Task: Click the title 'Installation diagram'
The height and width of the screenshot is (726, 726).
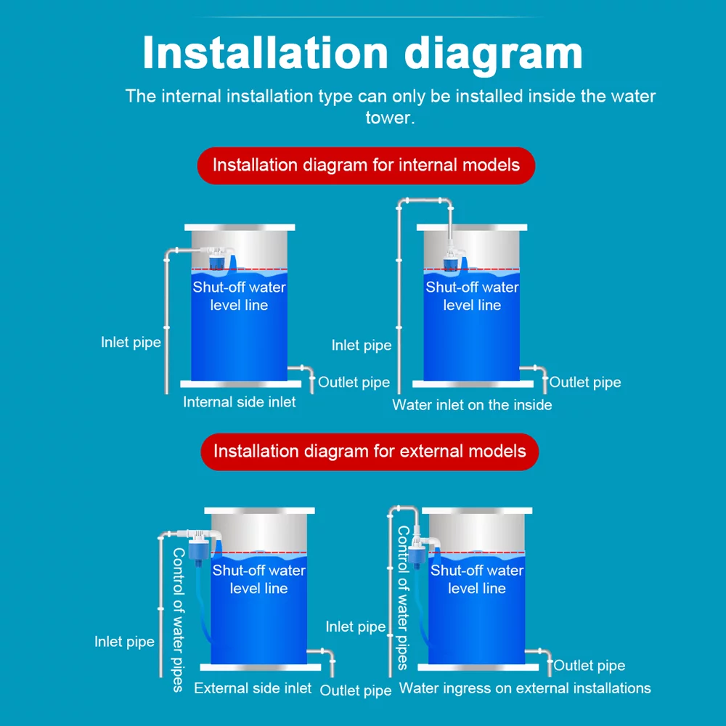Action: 362,53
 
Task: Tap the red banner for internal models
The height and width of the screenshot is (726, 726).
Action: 366,165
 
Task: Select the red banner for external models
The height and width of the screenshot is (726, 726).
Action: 369,451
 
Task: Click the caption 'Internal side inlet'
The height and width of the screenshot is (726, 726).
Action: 239,401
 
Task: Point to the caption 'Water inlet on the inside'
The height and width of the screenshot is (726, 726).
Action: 472,404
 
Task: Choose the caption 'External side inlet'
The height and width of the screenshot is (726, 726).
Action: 253,688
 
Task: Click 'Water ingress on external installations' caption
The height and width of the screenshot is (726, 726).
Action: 525,688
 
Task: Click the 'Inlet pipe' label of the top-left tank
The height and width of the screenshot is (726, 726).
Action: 131,342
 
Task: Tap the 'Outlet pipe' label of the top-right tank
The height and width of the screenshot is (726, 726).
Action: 585,382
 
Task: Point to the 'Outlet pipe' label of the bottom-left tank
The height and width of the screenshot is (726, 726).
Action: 356,690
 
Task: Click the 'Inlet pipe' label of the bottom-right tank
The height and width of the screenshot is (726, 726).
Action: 355,627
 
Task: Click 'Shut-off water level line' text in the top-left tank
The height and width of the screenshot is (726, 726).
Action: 239,296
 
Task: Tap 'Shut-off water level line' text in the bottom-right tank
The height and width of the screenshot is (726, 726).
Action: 476,579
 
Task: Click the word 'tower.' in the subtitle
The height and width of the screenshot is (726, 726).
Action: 390,117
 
